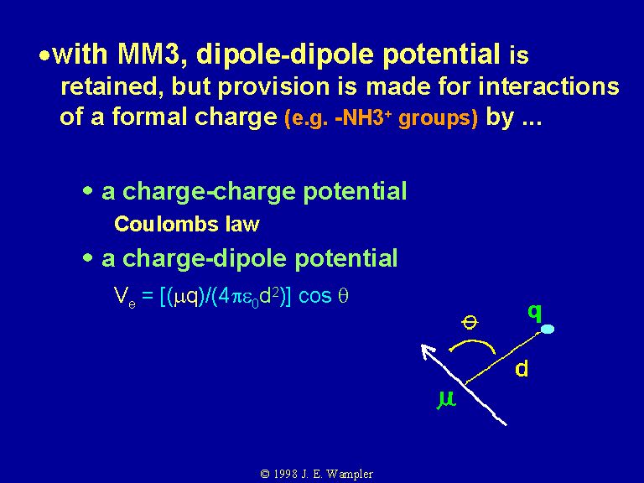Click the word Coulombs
click(x=166, y=224)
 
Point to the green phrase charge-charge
click(x=209, y=192)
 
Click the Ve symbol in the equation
click(x=124, y=298)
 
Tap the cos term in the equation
click(x=314, y=296)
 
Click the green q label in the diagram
click(x=535, y=313)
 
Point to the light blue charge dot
click(x=548, y=329)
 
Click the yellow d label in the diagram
click(x=522, y=369)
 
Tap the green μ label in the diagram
click(x=446, y=400)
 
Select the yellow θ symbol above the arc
click(x=470, y=322)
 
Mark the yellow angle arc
click(x=472, y=341)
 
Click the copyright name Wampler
click(x=350, y=475)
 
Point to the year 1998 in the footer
click(x=285, y=475)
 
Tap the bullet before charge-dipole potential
click(x=87, y=258)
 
